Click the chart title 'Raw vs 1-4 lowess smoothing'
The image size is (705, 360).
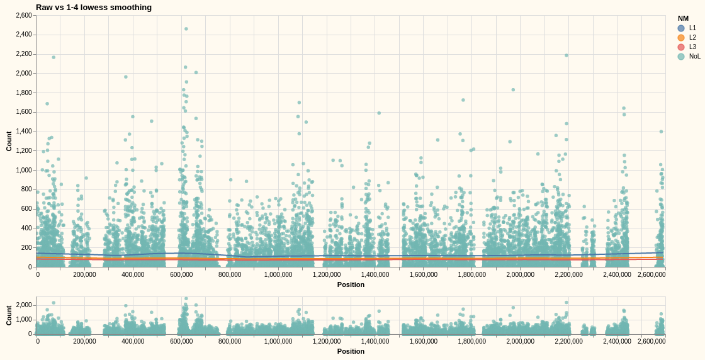point(94,8)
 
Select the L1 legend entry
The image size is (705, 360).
point(687,28)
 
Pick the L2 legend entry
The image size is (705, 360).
point(687,38)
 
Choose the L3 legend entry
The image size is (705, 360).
point(687,47)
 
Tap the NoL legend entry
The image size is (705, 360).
point(689,57)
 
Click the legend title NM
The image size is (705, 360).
point(683,18)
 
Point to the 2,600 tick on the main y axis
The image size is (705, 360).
point(24,15)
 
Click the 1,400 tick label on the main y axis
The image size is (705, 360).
point(24,132)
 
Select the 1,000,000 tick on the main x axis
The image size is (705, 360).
point(278,274)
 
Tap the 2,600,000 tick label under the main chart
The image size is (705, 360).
point(651,274)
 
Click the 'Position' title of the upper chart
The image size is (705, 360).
point(351,284)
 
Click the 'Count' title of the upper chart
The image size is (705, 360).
point(9,141)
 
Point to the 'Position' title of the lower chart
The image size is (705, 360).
point(351,351)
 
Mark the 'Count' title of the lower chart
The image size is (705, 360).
point(9,315)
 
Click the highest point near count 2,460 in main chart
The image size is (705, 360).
point(186,29)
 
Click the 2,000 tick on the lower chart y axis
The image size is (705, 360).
point(24,305)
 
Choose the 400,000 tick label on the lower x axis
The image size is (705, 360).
point(133,342)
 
